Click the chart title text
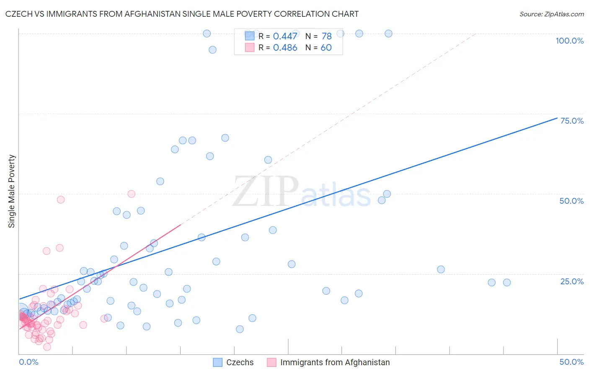point(182,14)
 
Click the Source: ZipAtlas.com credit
point(551,14)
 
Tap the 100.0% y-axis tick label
point(569,41)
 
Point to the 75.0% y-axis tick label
point(571,121)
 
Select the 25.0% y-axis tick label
point(571,281)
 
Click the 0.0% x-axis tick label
point(28,362)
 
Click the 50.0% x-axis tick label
point(571,362)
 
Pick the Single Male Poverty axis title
point(12,191)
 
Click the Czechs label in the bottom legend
point(240,362)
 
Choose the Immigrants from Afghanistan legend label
point(335,362)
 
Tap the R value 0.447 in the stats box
point(285,36)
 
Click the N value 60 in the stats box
point(326,48)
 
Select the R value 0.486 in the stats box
point(285,48)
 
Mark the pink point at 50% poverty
point(131,194)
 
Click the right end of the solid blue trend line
point(557,118)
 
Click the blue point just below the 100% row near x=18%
point(212,49)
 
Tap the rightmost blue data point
point(506,282)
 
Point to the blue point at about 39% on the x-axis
point(441,269)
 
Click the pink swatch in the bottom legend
point(271,362)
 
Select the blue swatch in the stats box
point(250,36)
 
